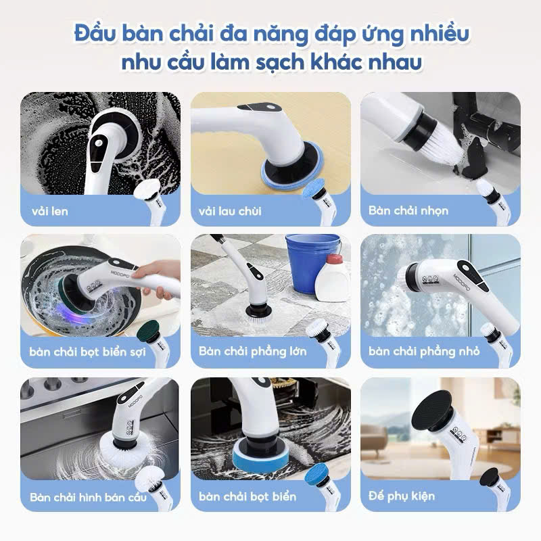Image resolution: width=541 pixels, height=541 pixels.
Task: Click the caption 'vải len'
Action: (x=49, y=211)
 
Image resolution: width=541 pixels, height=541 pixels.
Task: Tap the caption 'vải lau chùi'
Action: (x=230, y=211)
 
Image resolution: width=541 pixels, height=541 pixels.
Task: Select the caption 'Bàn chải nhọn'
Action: (x=408, y=211)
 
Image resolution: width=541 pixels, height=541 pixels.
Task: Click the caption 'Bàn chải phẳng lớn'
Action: (x=252, y=352)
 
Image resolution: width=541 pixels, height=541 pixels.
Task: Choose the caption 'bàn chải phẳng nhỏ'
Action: (x=424, y=352)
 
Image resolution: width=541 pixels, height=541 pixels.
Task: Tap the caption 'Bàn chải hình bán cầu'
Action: (x=80, y=497)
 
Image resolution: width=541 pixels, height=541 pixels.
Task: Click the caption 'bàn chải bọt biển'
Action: (x=248, y=497)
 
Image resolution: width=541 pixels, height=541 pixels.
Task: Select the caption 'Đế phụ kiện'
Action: (x=402, y=496)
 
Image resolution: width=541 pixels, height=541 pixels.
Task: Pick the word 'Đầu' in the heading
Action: (x=94, y=33)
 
